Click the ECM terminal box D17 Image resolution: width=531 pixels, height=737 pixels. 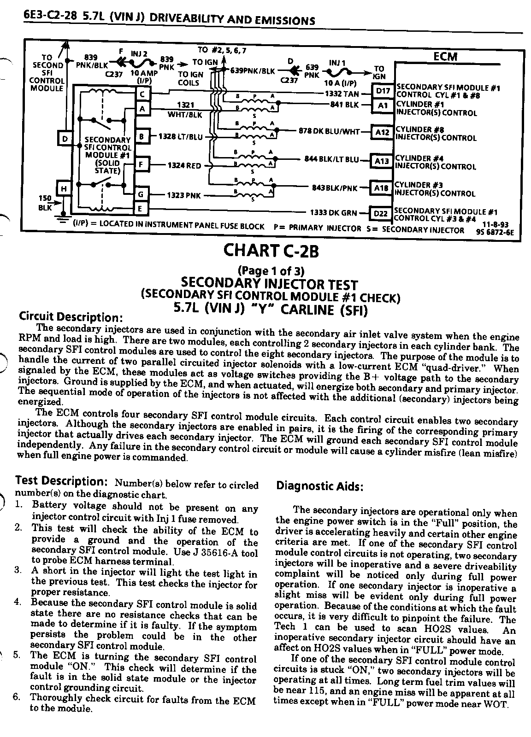click(383, 91)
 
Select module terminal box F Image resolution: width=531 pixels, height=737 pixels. click(142, 164)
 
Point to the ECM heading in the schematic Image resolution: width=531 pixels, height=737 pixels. click(445, 57)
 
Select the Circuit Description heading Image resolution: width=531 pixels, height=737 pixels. click(71, 317)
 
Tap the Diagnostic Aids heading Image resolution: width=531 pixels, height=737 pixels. click(319, 486)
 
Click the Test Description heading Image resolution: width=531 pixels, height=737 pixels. click(61, 481)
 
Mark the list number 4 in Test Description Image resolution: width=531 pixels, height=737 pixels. click(18, 602)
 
